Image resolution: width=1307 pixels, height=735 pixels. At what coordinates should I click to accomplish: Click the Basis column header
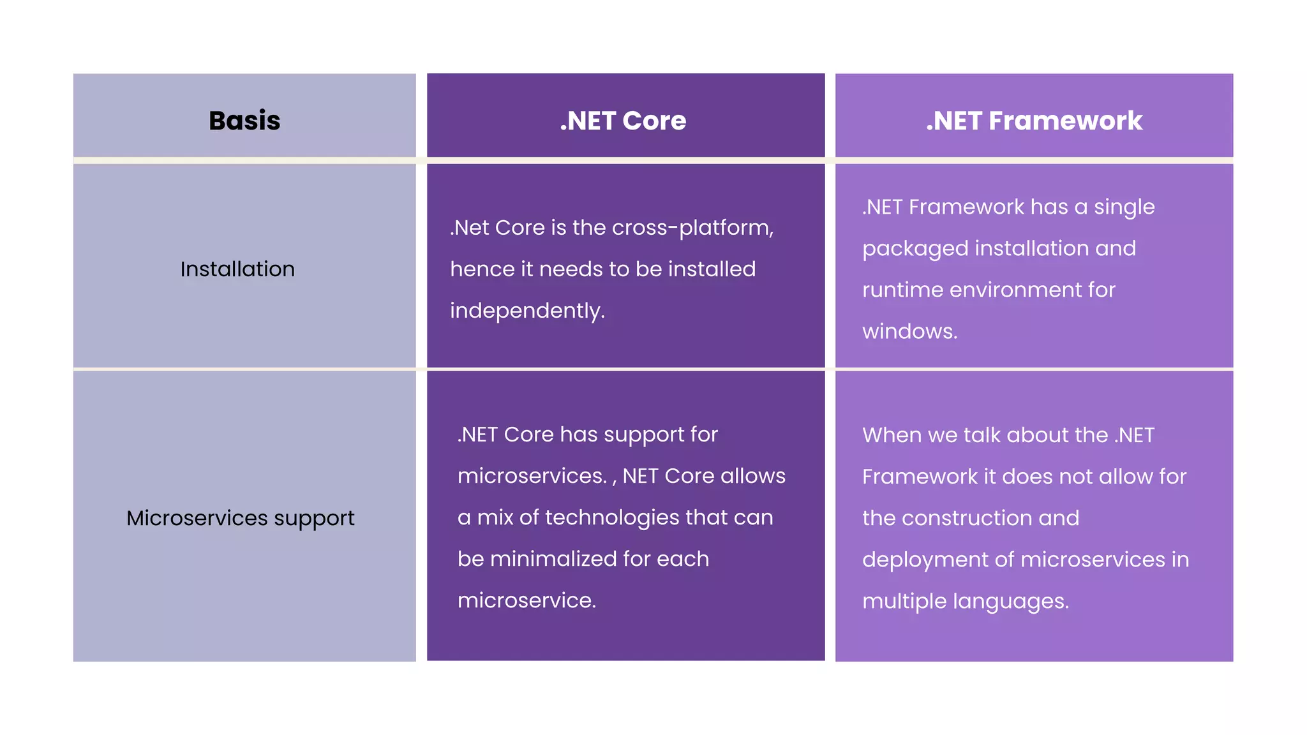tap(244, 121)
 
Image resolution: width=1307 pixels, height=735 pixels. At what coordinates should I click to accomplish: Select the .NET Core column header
tap(623, 121)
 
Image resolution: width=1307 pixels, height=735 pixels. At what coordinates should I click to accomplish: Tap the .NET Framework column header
tap(1034, 121)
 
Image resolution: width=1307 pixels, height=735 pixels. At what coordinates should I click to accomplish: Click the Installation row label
tap(237, 269)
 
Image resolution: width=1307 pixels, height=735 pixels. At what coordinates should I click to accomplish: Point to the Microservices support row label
tap(240, 518)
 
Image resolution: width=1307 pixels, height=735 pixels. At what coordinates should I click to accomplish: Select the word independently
tap(527, 311)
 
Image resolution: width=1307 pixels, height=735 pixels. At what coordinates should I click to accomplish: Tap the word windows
tap(909, 331)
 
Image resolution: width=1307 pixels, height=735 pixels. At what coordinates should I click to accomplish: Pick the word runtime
tap(902, 290)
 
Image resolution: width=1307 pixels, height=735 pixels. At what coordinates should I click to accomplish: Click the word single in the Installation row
tap(1124, 207)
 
